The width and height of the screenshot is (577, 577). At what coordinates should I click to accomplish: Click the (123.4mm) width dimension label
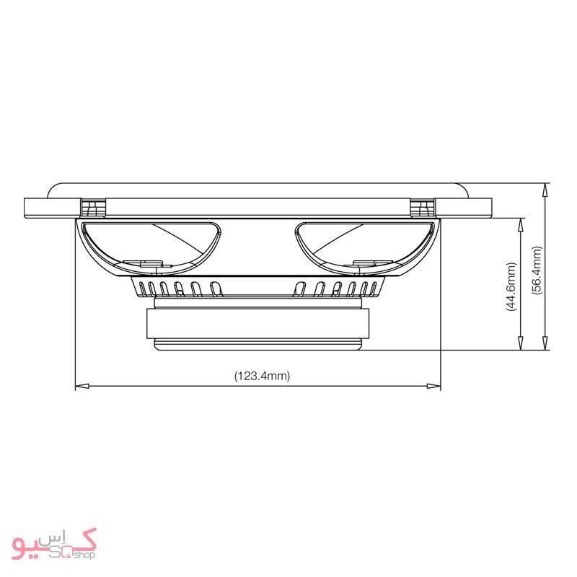(x=261, y=376)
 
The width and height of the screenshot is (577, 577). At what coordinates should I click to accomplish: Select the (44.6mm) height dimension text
(x=511, y=286)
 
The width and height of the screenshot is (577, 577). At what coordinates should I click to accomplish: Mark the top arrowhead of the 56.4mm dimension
(x=545, y=188)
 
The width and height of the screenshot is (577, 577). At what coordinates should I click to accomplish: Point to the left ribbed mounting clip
(x=92, y=208)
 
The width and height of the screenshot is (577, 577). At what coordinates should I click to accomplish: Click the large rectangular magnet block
(x=258, y=322)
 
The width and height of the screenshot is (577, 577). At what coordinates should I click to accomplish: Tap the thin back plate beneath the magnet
(x=258, y=343)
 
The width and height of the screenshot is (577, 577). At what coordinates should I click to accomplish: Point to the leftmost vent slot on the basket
(x=142, y=289)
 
